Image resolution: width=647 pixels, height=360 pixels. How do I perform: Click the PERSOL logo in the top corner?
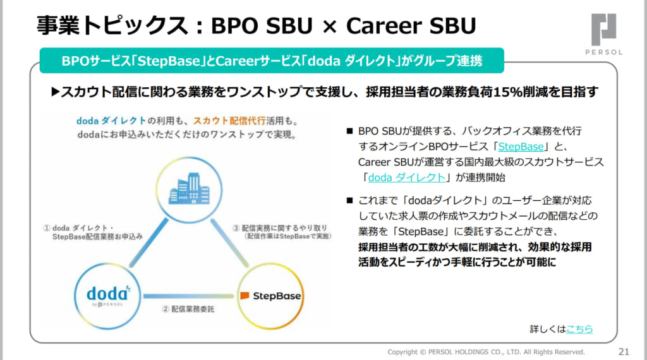point(603,34)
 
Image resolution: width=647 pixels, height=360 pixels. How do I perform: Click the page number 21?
point(624,352)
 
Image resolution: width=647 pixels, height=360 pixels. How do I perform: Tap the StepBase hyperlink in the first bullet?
point(521,147)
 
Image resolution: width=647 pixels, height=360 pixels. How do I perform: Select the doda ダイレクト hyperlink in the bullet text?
point(407,177)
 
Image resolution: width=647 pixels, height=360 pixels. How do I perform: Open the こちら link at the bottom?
point(579,329)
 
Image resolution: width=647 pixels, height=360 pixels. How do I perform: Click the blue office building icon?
point(190,188)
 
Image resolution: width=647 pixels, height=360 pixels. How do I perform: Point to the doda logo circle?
point(107,296)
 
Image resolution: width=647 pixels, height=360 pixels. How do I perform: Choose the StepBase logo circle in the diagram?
point(270,296)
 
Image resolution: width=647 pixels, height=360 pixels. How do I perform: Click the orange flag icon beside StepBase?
point(245,296)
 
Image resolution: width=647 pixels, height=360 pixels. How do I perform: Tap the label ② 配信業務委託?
point(188,309)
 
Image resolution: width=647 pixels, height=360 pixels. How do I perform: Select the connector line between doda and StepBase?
point(189,296)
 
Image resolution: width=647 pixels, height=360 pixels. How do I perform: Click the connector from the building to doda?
point(148,243)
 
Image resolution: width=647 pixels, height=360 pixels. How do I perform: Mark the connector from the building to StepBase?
point(230,243)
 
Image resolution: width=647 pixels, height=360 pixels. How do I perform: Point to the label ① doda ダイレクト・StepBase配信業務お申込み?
point(94,232)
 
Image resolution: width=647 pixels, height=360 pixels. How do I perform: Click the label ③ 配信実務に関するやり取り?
point(282,232)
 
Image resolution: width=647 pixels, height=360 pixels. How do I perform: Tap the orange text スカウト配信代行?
point(229,121)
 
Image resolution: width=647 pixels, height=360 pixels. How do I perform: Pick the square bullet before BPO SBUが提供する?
point(349,131)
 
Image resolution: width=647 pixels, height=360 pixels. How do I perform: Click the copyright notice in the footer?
point(486,352)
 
